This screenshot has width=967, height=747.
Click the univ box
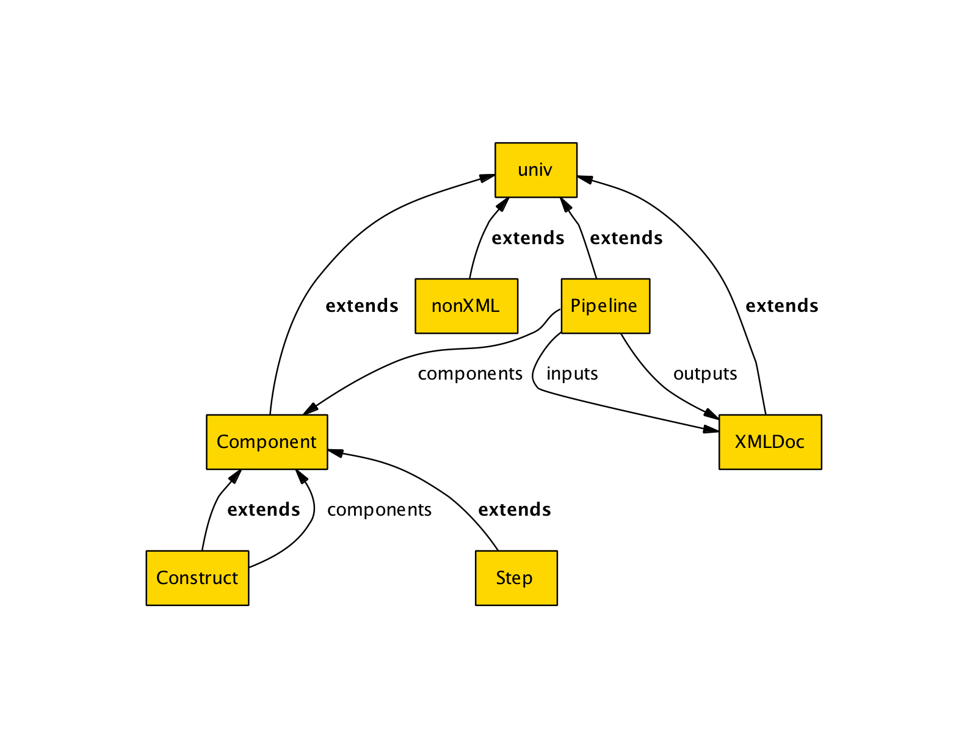(x=535, y=170)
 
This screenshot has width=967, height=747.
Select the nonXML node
(x=466, y=306)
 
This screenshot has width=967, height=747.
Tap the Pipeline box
(x=604, y=306)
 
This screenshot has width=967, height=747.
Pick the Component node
(x=267, y=442)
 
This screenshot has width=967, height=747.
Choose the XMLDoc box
(x=770, y=442)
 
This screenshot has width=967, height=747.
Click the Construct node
(x=197, y=578)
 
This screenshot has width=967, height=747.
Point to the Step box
(x=516, y=578)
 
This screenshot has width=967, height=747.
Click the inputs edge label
(x=572, y=374)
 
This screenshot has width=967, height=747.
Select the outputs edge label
(x=705, y=374)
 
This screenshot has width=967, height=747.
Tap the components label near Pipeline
(x=470, y=374)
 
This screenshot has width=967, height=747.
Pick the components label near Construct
(x=379, y=510)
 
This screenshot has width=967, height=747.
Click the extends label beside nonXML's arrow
(x=528, y=238)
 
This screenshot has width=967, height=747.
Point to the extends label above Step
(x=515, y=510)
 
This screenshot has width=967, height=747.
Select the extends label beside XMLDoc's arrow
(x=782, y=306)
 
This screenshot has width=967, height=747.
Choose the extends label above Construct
(x=264, y=510)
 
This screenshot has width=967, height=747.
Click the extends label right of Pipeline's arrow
(x=626, y=238)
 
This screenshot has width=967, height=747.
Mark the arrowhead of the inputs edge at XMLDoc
(x=711, y=429)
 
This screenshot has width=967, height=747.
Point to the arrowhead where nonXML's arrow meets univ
(x=502, y=204)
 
